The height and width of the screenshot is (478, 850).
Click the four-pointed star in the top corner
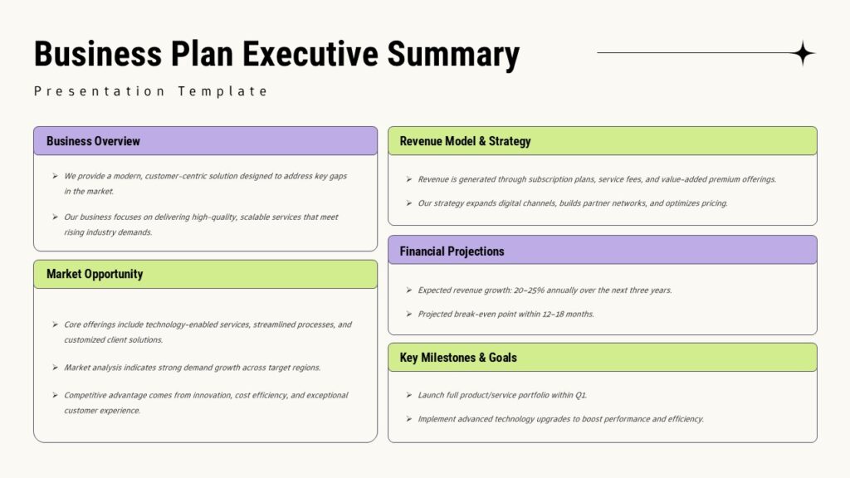803,53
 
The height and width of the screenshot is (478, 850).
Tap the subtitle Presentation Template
151,91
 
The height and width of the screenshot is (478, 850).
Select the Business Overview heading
93,141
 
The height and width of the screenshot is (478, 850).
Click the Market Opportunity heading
95,274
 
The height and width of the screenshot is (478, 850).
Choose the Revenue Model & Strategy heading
465,141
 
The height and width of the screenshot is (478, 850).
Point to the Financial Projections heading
452,251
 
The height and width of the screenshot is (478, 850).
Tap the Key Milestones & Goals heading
458,358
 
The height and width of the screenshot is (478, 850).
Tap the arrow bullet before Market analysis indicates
55,368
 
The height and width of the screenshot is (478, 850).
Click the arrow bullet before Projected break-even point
408,315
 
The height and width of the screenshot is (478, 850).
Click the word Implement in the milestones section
438,419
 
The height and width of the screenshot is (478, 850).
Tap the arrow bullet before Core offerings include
55,324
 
